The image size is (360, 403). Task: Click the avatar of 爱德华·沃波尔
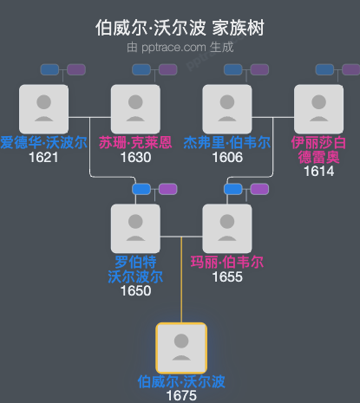pyautogui.click(x=43, y=108)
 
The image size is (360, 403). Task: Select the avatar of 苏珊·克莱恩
pyautogui.click(x=135, y=108)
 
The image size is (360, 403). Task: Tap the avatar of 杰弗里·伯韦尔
pyautogui.click(x=226, y=108)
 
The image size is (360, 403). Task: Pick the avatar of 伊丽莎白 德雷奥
pyautogui.click(x=318, y=108)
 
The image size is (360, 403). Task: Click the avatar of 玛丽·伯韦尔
pyautogui.click(x=226, y=228)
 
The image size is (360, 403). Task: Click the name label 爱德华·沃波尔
pyautogui.click(x=43, y=142)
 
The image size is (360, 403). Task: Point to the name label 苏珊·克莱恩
pyautogui.click(x=135, y=142)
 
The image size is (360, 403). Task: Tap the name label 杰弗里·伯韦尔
pyautogui.click(x=226, y=142)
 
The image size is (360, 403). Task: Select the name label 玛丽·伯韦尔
pyautogui.click(x=226, y=262)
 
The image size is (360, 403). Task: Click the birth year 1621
pyautogui.click(x=43, y=157)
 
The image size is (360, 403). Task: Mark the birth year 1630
pyautogui.click(x=135, y=157)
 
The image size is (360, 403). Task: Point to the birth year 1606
pyautogui.click(x=226, y=157)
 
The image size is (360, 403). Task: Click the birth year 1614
pyautogui.click(x=318, y=172)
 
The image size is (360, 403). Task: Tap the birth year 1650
pyautogui.click(x=135, y=290)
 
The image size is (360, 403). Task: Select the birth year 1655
pyautogui.click(x=226, y=276)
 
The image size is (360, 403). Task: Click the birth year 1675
pyautogui.click(x=181, y=395)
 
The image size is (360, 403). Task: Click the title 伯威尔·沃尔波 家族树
pyautogui.click(x=180, y=27)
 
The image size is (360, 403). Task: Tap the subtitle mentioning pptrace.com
pyautogui.click(x=180, y=46)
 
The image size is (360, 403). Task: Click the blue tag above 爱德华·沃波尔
pyautogui.click(x=50, y=69)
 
